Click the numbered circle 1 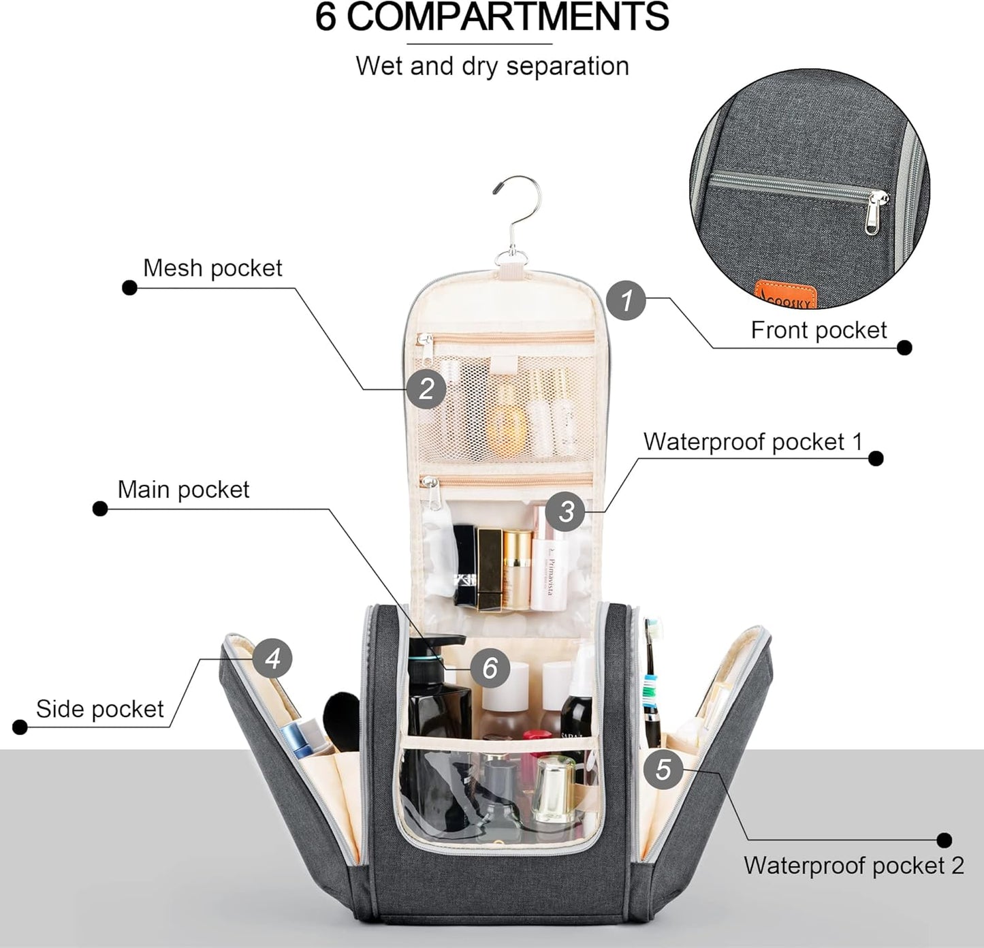click(x=626, y=300)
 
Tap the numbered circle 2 click(x=426, y=389)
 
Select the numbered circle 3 click(x=566, y=511)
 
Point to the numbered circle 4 click(x=272, y=659)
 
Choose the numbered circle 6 click(x=490, y=668)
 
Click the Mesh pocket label click(x=212, y=268)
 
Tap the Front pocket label click(x=819, y=330)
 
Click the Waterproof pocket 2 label click(x=853, y=866)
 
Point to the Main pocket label click(x=183, y=489)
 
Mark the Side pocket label click(x=99, y=709)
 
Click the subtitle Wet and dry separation click(x=492, y=66)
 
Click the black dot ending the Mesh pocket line click(x=129, y=287)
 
